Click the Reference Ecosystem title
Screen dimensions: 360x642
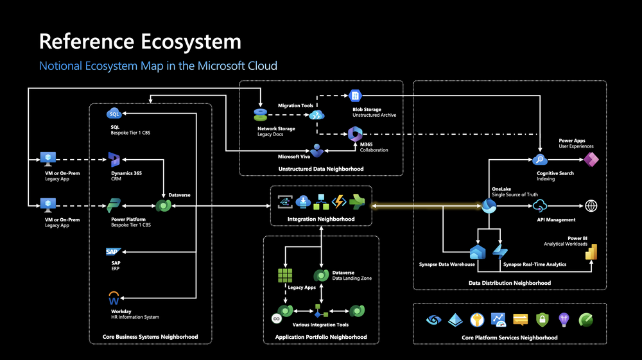click(x=140, y=42)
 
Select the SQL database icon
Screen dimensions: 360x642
click(x=114, y=114)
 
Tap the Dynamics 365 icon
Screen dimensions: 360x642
click(x=115, y=160)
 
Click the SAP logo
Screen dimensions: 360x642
click(x=114, y=252)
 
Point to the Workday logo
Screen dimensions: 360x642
click(x=114, y=298)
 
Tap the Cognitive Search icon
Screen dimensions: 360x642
click(x=539, y=160)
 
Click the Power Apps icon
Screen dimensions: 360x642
click(x=591, y=160)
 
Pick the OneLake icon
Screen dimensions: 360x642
click(x=489, y=205)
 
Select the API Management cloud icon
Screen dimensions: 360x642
click(x=539, y=205)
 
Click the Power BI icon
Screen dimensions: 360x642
click(x=591, y=252)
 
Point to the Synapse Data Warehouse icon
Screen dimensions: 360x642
click(x=477, y=252)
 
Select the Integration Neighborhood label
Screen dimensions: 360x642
click(x=321, y=219)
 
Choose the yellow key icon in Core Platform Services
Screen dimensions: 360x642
click(x=477, y=319)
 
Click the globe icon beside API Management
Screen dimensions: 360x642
click(x=591, y=205)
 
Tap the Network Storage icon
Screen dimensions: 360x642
click(x=260, y=115)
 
